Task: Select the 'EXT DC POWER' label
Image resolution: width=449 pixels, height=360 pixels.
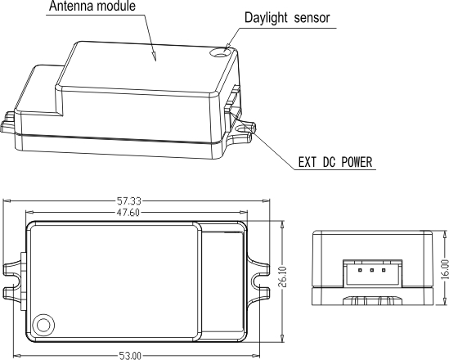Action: tap(336, 163)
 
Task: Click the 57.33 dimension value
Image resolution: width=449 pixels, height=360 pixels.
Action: tap(137, 201)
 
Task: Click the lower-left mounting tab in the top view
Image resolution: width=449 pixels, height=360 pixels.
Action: tap(15, 291)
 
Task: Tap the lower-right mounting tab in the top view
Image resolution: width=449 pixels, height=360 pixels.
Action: tap(260, 291)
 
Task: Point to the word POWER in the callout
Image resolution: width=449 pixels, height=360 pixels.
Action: tap(354, 163)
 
